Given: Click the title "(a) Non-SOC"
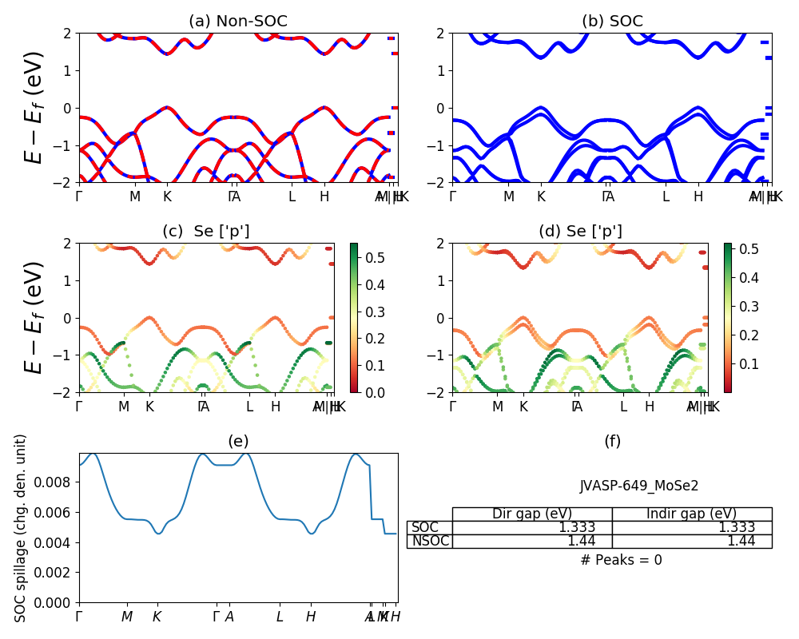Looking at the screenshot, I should tap(237, 22).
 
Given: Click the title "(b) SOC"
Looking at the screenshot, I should tap(612, 22).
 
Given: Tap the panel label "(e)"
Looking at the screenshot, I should tap(238, 442).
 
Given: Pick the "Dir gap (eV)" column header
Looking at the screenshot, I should tap(532, 514).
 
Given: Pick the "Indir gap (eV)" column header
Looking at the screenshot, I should tap(692, 514).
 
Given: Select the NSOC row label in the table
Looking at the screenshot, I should tap(430, 541).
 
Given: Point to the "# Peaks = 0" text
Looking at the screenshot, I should tap(621, 560).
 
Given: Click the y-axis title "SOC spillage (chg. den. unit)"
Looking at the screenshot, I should tap(22, 527).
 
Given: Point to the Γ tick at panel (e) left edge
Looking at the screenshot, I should tap(79, 617).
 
